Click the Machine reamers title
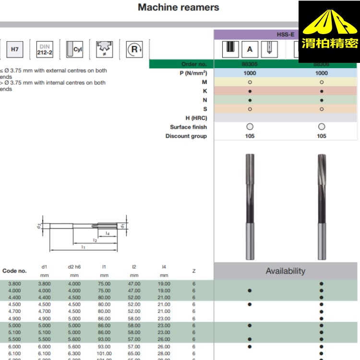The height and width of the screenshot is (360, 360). coord(178,7)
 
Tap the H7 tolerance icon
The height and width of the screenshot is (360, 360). coord(15,49)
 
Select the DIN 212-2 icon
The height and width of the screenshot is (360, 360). coord(45,49)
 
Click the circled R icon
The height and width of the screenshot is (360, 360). coord(134,49)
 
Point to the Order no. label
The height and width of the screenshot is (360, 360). coord(194,64)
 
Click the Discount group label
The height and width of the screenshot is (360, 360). coord(186,136)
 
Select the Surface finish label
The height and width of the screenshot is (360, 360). coord(188,127)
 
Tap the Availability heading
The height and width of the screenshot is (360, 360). coord(285,271)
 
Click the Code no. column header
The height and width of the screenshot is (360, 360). coord(14,271)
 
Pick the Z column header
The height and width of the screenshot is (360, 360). coord(194,271)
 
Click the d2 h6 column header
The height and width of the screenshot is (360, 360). coord(74,266)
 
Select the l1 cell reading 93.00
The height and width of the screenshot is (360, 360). coord(104,339)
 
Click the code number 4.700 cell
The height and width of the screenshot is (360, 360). coord(14,311)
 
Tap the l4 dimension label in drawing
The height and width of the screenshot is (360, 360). coord(108,233)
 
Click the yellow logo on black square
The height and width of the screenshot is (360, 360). coord(329,32)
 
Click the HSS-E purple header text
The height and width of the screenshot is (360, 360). coord(285,35)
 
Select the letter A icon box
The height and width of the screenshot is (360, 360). coord(250,49)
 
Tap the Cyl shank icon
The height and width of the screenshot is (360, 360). coord(75,49)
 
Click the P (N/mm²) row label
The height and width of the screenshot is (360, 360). coord(190,73)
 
